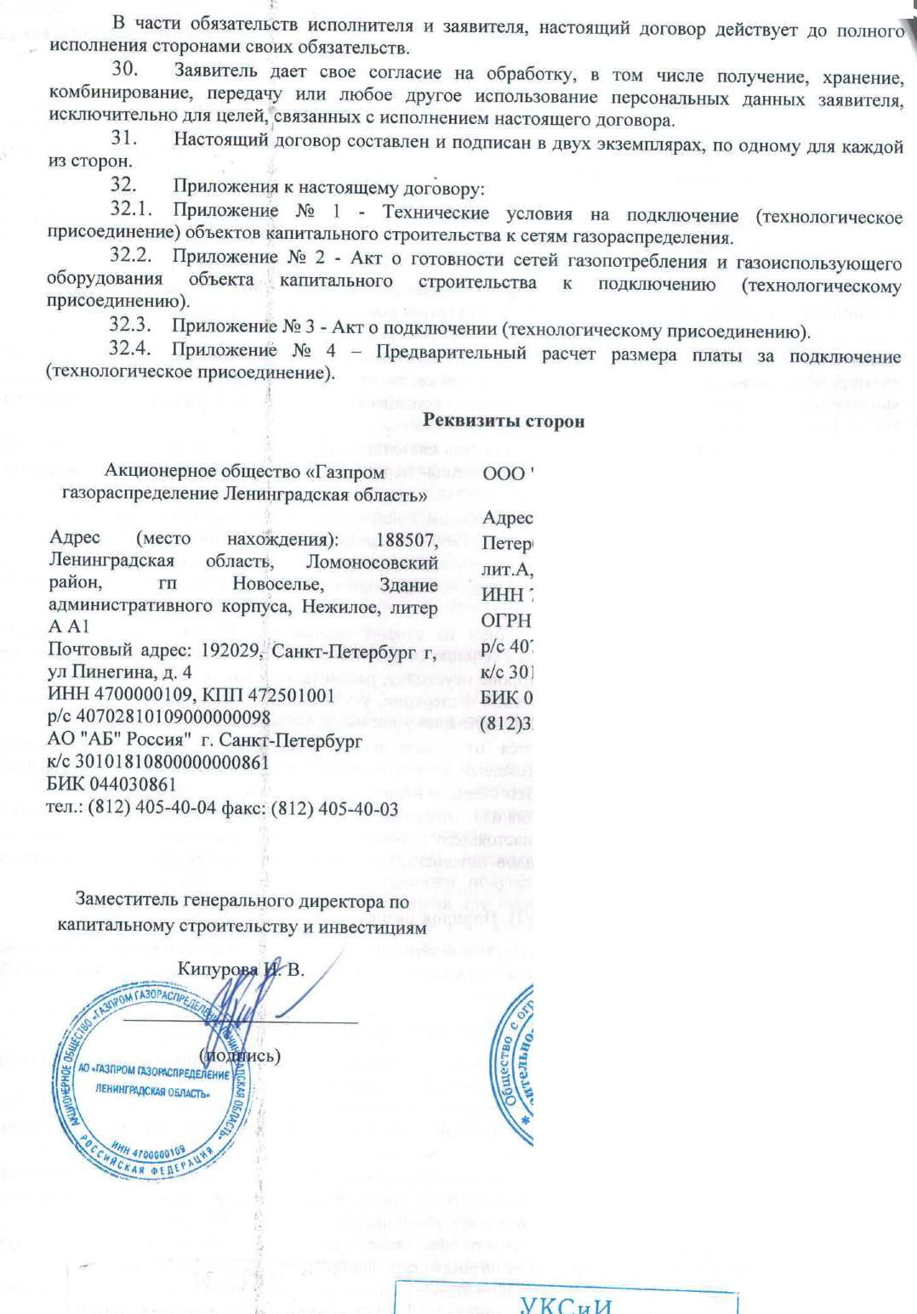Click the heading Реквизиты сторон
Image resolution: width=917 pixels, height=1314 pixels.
point(504,421)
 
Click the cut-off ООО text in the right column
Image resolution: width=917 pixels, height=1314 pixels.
point(505,474)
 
